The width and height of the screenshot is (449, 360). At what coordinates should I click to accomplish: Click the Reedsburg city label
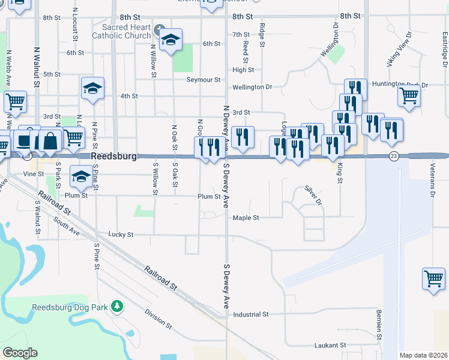tap(114, 156)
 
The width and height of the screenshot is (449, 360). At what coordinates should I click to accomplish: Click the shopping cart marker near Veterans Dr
tap(433, 279)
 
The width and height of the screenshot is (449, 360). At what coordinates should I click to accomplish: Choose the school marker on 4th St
tap(93, 88)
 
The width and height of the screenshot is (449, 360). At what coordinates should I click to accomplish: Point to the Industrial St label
tap(250, 314)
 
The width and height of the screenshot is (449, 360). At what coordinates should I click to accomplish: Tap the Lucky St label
tap(121, 234)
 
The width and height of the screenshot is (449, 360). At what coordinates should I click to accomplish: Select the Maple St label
tap(246, 218)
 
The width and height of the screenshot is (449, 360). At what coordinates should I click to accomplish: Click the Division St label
tap(158, 319)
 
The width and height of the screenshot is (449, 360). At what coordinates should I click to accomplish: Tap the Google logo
tap(20, 353)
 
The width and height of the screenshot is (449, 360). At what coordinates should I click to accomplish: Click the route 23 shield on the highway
tap(394, 156)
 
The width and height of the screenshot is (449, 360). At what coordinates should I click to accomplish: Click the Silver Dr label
tap(313, 195)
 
